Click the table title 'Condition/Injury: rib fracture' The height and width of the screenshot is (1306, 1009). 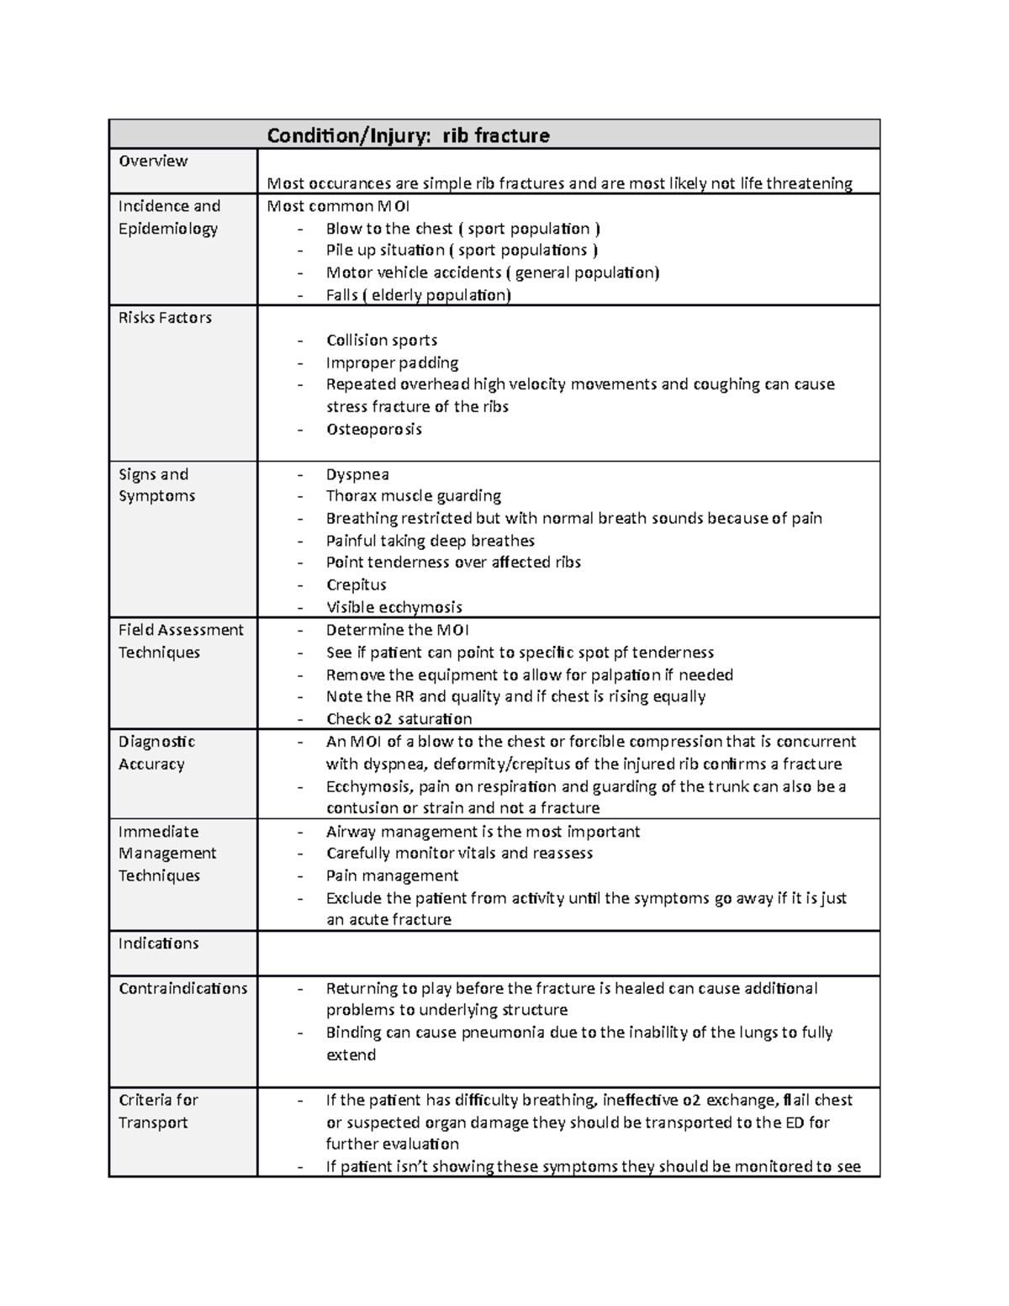(x=408, y=135)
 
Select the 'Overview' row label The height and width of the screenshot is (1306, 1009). (x=153, y=161)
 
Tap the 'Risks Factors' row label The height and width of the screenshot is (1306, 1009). (x=165, y=317)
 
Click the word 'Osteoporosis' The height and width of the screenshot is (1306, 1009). (x=373, y=429)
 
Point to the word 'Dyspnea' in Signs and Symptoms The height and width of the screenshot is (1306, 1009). (x=357, y=474)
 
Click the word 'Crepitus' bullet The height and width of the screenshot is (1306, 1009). (x=356, y=584)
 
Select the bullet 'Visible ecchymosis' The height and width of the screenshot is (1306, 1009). (x=394, y=607)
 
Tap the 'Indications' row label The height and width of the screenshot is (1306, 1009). (x=158, y=943)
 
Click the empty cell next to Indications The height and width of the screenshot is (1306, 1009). (x=568, y=953)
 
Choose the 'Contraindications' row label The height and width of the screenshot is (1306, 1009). (x=182, y=988)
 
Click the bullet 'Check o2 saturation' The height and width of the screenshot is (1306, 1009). (x=399, y=719)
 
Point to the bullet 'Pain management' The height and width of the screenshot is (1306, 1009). (x=392, y=875)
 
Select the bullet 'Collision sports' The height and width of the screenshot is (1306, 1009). (x=381, y=340)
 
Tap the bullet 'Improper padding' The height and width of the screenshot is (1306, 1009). (x=392, y=362)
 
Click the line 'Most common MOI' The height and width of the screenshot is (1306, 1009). (x=338, y=206)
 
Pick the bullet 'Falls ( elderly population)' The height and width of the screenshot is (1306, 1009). (x=418, y=295)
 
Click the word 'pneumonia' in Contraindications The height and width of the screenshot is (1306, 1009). (x=502, y=1033)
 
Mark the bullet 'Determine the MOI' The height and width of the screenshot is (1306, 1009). (x=397, y=630)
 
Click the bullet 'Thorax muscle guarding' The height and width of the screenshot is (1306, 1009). (x=413, y=496)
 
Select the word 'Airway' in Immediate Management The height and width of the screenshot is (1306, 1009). (x=351, y=832)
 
